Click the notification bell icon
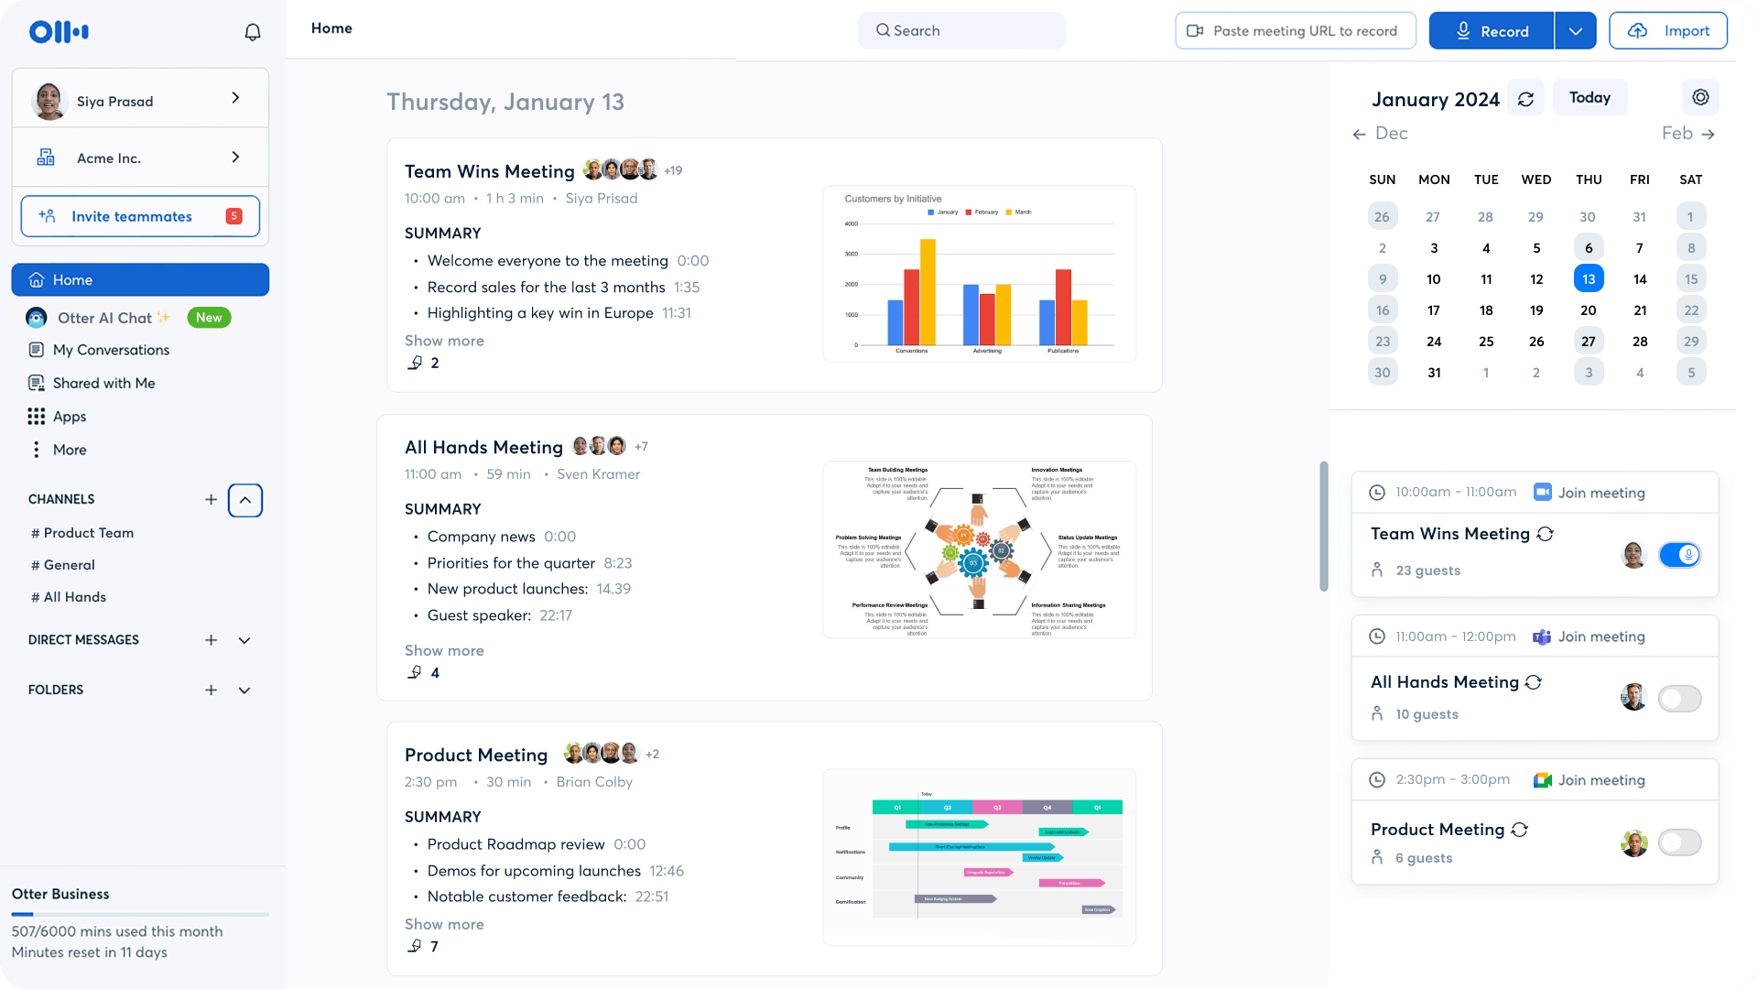(253, 32)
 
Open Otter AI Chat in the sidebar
(104, 318)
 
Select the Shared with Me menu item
(103, 383)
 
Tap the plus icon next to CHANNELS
(211, 499)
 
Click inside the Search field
(961, 30)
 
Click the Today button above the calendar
(1589, 98)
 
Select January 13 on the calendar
(1588, 279)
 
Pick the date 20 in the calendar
(1588, 310)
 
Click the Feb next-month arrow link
(1687, 134)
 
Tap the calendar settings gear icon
(1700, 97)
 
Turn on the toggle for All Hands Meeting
(1678, 699)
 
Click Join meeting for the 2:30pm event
(1601, 780)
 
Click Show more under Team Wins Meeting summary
(444, 341)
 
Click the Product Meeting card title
(475, 755)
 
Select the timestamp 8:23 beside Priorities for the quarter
(617, 563)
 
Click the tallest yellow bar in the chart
(928, 291)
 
